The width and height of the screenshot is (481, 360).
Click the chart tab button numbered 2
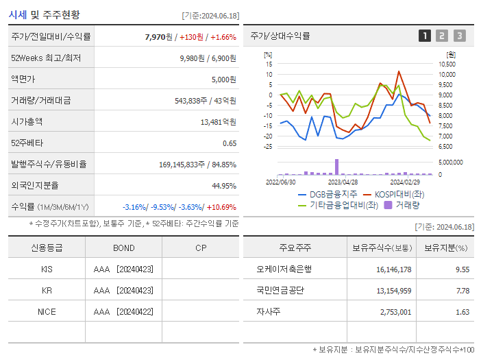[x=442, y=36]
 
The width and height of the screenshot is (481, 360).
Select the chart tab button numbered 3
[x=459, y=36]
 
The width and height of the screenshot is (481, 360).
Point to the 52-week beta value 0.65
[x=230, y=143]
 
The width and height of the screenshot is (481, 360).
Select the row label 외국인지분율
[x=35, y=185]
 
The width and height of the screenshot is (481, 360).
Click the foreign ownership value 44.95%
[x=223, y=185]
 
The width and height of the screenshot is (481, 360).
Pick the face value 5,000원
[x=223, y=80]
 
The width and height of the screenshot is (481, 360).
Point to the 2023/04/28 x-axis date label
[x=343, y=182]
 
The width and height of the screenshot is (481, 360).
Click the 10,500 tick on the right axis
[x=446, y=64]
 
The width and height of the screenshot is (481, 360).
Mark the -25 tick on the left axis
[x=269, y=146]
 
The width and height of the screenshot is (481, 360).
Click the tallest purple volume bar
[x=336, y=167]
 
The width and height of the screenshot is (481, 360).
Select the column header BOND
[x=124, y=248]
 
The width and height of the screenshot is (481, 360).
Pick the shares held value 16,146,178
[x=393, y=269]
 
